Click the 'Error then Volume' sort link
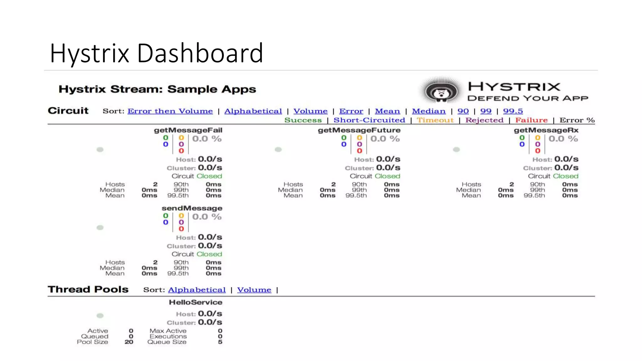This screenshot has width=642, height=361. click(170, 111)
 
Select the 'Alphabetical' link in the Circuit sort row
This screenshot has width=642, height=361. click(253, 111)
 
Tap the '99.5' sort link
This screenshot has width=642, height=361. click(513, 111)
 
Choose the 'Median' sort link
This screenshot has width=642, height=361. click(429, 111)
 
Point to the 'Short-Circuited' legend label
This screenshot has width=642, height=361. click(369, 120)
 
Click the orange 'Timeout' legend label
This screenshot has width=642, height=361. click(435, 120)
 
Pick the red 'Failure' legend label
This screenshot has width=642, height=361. click(531, 120)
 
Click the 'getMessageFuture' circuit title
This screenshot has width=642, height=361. click(359, 130)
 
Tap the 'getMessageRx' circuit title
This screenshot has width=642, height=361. click(546, 130)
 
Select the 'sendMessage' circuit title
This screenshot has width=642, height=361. click(192, 208)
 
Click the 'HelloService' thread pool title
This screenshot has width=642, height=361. click(196, 302)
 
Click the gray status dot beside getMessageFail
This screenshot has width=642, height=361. click(100, 149)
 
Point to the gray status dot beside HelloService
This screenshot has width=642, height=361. click(100, 316)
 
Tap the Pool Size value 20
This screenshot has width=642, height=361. click(129, 342)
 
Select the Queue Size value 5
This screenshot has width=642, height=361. click(220, 342)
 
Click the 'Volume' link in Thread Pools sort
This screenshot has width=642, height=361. click(254, 290)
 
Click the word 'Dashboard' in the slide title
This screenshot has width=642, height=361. click(200, 53)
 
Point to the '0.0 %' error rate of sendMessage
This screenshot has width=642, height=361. click(207, 217)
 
